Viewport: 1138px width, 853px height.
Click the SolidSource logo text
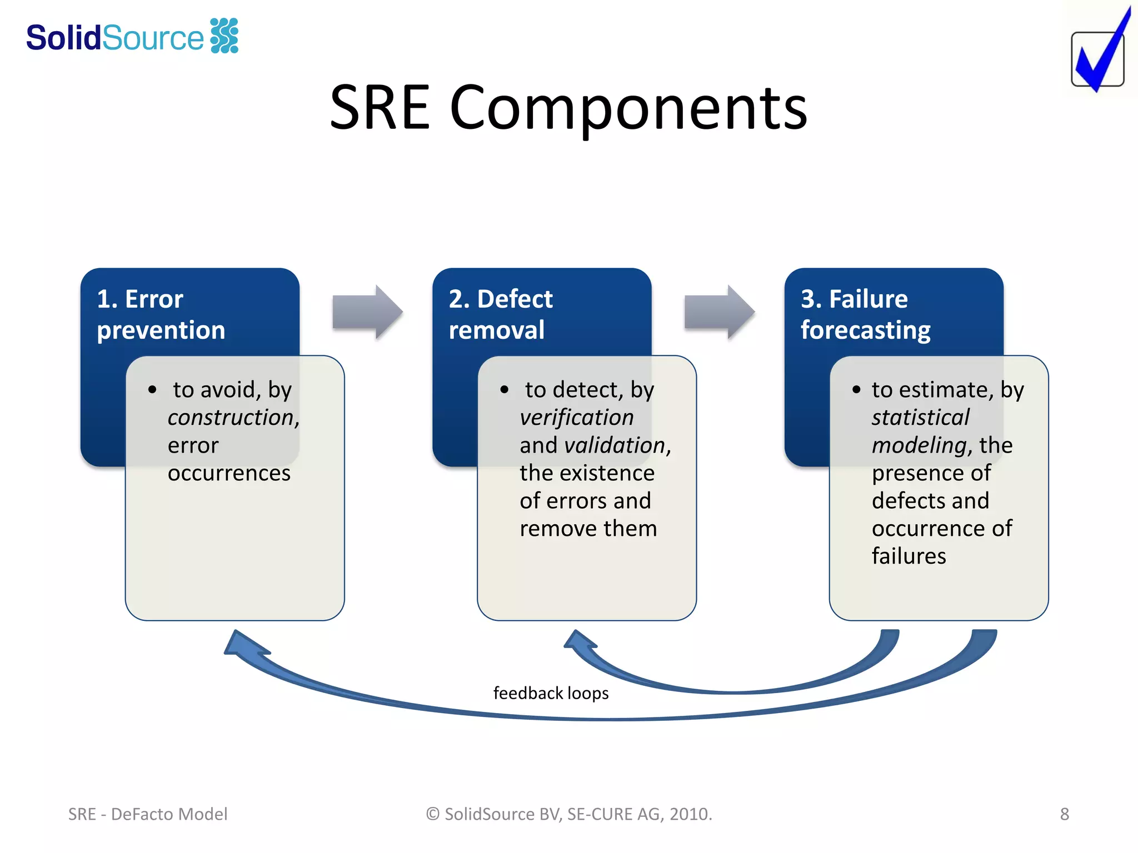pos(115,38)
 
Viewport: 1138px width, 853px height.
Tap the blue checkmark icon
pos(1099,56)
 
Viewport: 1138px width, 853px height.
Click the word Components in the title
pos(628,108)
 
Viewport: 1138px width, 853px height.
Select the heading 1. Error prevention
pos(161,314)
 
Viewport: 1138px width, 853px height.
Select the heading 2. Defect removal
pos(500,314)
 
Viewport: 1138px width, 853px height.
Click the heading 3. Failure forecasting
pos(865,314)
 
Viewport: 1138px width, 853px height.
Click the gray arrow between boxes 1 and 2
pos(367,312)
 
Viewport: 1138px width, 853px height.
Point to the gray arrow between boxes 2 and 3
pos(719,312)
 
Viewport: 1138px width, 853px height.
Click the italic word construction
pos(232,418)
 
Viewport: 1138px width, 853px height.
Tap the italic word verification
pos(576,418)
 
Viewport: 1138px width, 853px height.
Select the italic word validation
pos(614,445)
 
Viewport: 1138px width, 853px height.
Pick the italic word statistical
pos(920,418)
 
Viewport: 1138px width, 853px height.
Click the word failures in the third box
pos(909,556)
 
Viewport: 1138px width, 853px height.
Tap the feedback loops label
pos(551,693)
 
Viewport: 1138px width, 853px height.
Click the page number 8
pos(1064,814)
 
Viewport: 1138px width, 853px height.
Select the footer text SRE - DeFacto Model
pos(148,814)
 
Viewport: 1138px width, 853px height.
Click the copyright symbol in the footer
pos(433,814)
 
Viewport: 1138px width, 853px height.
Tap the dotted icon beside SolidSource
pos(224,36)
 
